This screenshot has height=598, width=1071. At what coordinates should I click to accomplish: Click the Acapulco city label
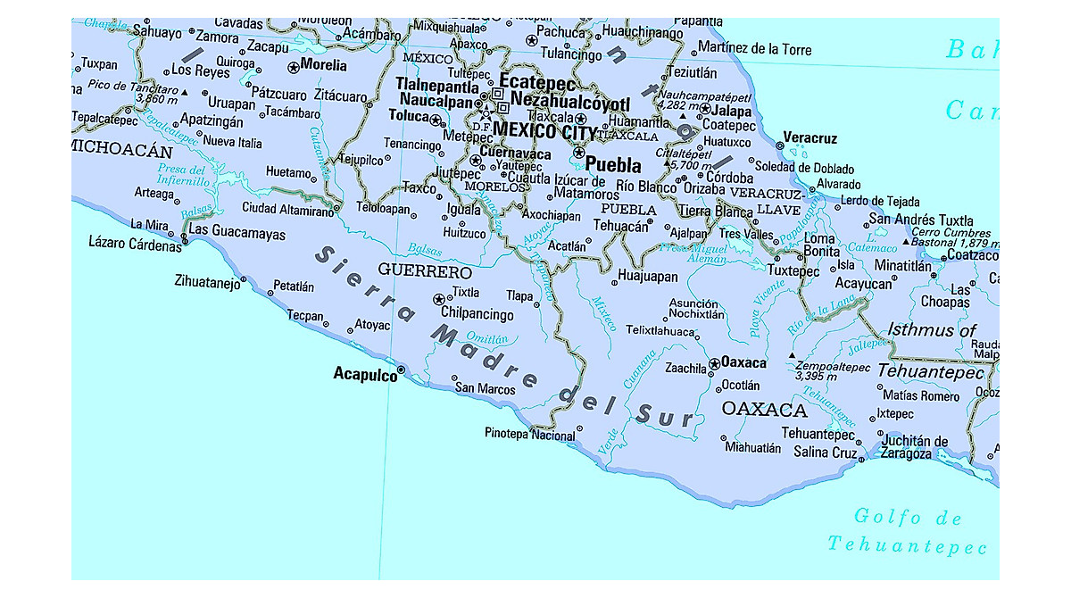(365, 375)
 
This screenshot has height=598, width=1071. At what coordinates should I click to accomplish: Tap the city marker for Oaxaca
(714, 364)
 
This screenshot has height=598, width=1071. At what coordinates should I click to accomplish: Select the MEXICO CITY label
(544, 131)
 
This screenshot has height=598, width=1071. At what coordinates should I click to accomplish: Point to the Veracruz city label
(810, 138)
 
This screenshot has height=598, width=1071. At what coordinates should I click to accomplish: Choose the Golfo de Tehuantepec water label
(908, 531)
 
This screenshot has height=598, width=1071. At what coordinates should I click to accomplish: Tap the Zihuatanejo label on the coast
(210, 283)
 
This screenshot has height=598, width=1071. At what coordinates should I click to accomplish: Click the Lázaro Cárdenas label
(136, 243)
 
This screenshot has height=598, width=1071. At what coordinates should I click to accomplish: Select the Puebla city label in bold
(614, 165)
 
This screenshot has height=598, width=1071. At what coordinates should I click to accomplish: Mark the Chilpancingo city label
(477, 314)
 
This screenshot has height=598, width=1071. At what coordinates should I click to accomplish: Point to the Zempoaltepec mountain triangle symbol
(793, 356)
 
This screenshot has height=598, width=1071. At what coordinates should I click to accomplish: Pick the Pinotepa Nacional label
(529, 436)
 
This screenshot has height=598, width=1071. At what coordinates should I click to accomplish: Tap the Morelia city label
(323, 65)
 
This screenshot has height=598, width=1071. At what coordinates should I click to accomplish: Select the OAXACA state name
(764, 411)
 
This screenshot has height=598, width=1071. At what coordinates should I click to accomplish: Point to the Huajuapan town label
(648, 277)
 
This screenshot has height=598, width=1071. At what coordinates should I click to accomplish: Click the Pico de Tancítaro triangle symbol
(185, 92)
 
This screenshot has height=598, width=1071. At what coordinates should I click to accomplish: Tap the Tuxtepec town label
(793, 270)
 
